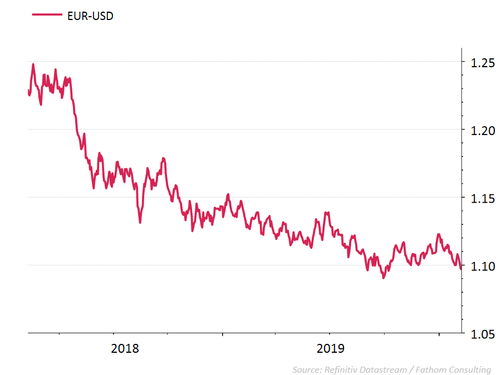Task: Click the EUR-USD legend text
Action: [90, 16]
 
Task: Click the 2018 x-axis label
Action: [125, 349]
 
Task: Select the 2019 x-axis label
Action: [331, 349]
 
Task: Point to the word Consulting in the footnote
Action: [468, 369]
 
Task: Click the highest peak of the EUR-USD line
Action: [33, 64]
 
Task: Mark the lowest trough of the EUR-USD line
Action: [384, 277]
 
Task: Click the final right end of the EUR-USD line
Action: [461, 269]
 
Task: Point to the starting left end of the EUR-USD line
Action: [28, 90]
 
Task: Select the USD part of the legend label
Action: [102, 16]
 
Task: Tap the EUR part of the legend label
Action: [77, 16]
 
